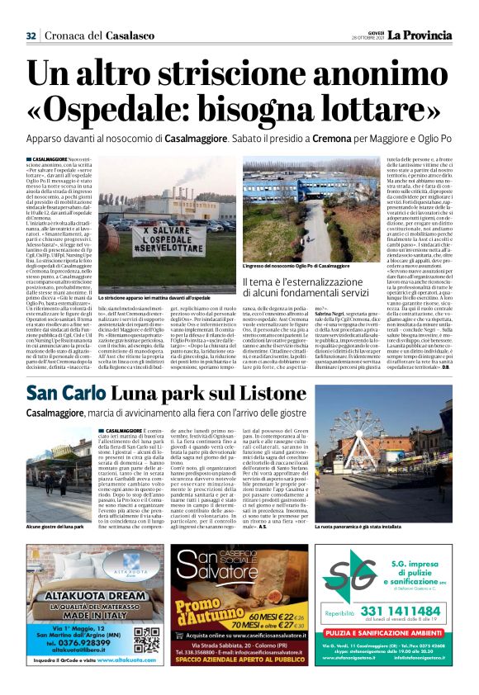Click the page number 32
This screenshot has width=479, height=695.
(31, 35)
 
